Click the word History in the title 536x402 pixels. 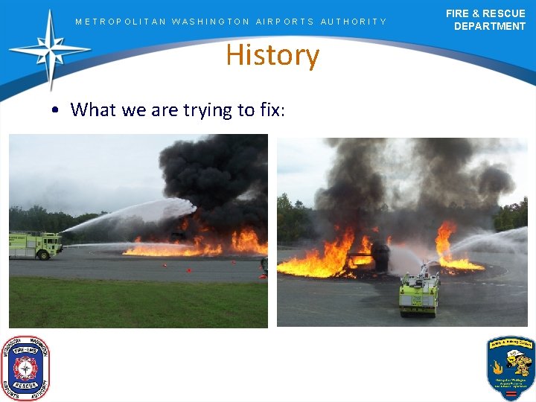pos(272,56)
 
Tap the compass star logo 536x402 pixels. pos(49,50)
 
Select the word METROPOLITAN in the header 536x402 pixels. pos(121,22)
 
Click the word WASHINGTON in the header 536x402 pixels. pos(211,22)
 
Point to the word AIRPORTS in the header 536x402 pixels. pos(284,22)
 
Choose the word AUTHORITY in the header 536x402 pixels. pos(354,22)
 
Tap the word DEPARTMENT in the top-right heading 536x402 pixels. pos(489,26)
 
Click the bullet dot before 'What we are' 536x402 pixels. pos(57,111)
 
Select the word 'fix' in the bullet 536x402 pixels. pos(269,110)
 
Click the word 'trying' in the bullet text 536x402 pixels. pos(207,111)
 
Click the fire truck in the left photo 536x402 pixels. pos(35,245)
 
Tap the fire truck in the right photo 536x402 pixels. pos(419,290)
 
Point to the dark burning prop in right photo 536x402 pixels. pos(380,257)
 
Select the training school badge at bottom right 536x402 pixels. pos(510,368)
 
